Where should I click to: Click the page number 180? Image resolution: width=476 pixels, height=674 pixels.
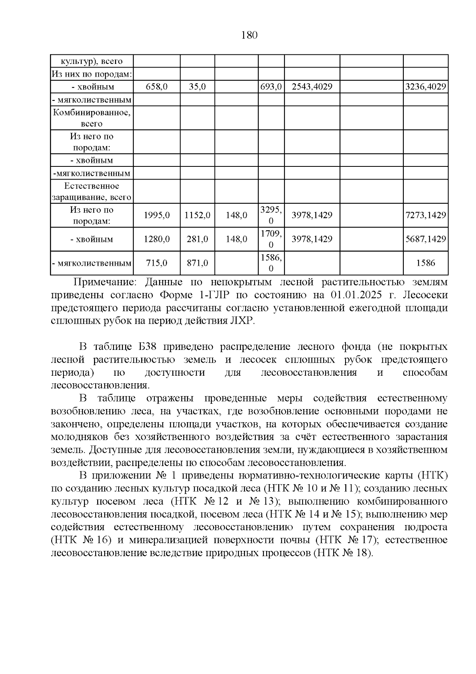[x=250, y=35]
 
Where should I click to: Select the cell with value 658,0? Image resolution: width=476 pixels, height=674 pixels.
[x=157, y=87]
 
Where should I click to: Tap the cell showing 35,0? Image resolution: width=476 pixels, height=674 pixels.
[x=197, y=87]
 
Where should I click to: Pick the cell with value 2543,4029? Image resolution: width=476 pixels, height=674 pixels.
[x=312, y=87]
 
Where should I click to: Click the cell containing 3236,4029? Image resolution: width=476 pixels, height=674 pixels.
[x=426, y=87]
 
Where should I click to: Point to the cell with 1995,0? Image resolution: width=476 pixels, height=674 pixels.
[x=157, y=215]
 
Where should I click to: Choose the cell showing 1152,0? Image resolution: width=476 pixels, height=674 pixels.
[x=197, y=215]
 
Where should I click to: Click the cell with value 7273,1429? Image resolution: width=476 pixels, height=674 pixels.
[x=426, y=215]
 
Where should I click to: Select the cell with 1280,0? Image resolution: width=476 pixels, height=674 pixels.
[x=157, y=239]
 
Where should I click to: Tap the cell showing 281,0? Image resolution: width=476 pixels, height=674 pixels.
[x=197, y=239]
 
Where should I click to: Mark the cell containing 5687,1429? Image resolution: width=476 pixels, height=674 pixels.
[x=426, y=239]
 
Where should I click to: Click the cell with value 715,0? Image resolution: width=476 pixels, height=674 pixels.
[x=157, y=263]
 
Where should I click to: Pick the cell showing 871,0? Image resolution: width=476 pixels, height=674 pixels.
[x=197, y=263]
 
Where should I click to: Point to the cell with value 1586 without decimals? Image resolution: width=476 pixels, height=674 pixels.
[x=426, y=263]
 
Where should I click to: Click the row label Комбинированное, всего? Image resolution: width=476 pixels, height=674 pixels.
[x=92, y=118]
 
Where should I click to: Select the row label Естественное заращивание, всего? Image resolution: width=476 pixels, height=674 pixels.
[x=92, y=191]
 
